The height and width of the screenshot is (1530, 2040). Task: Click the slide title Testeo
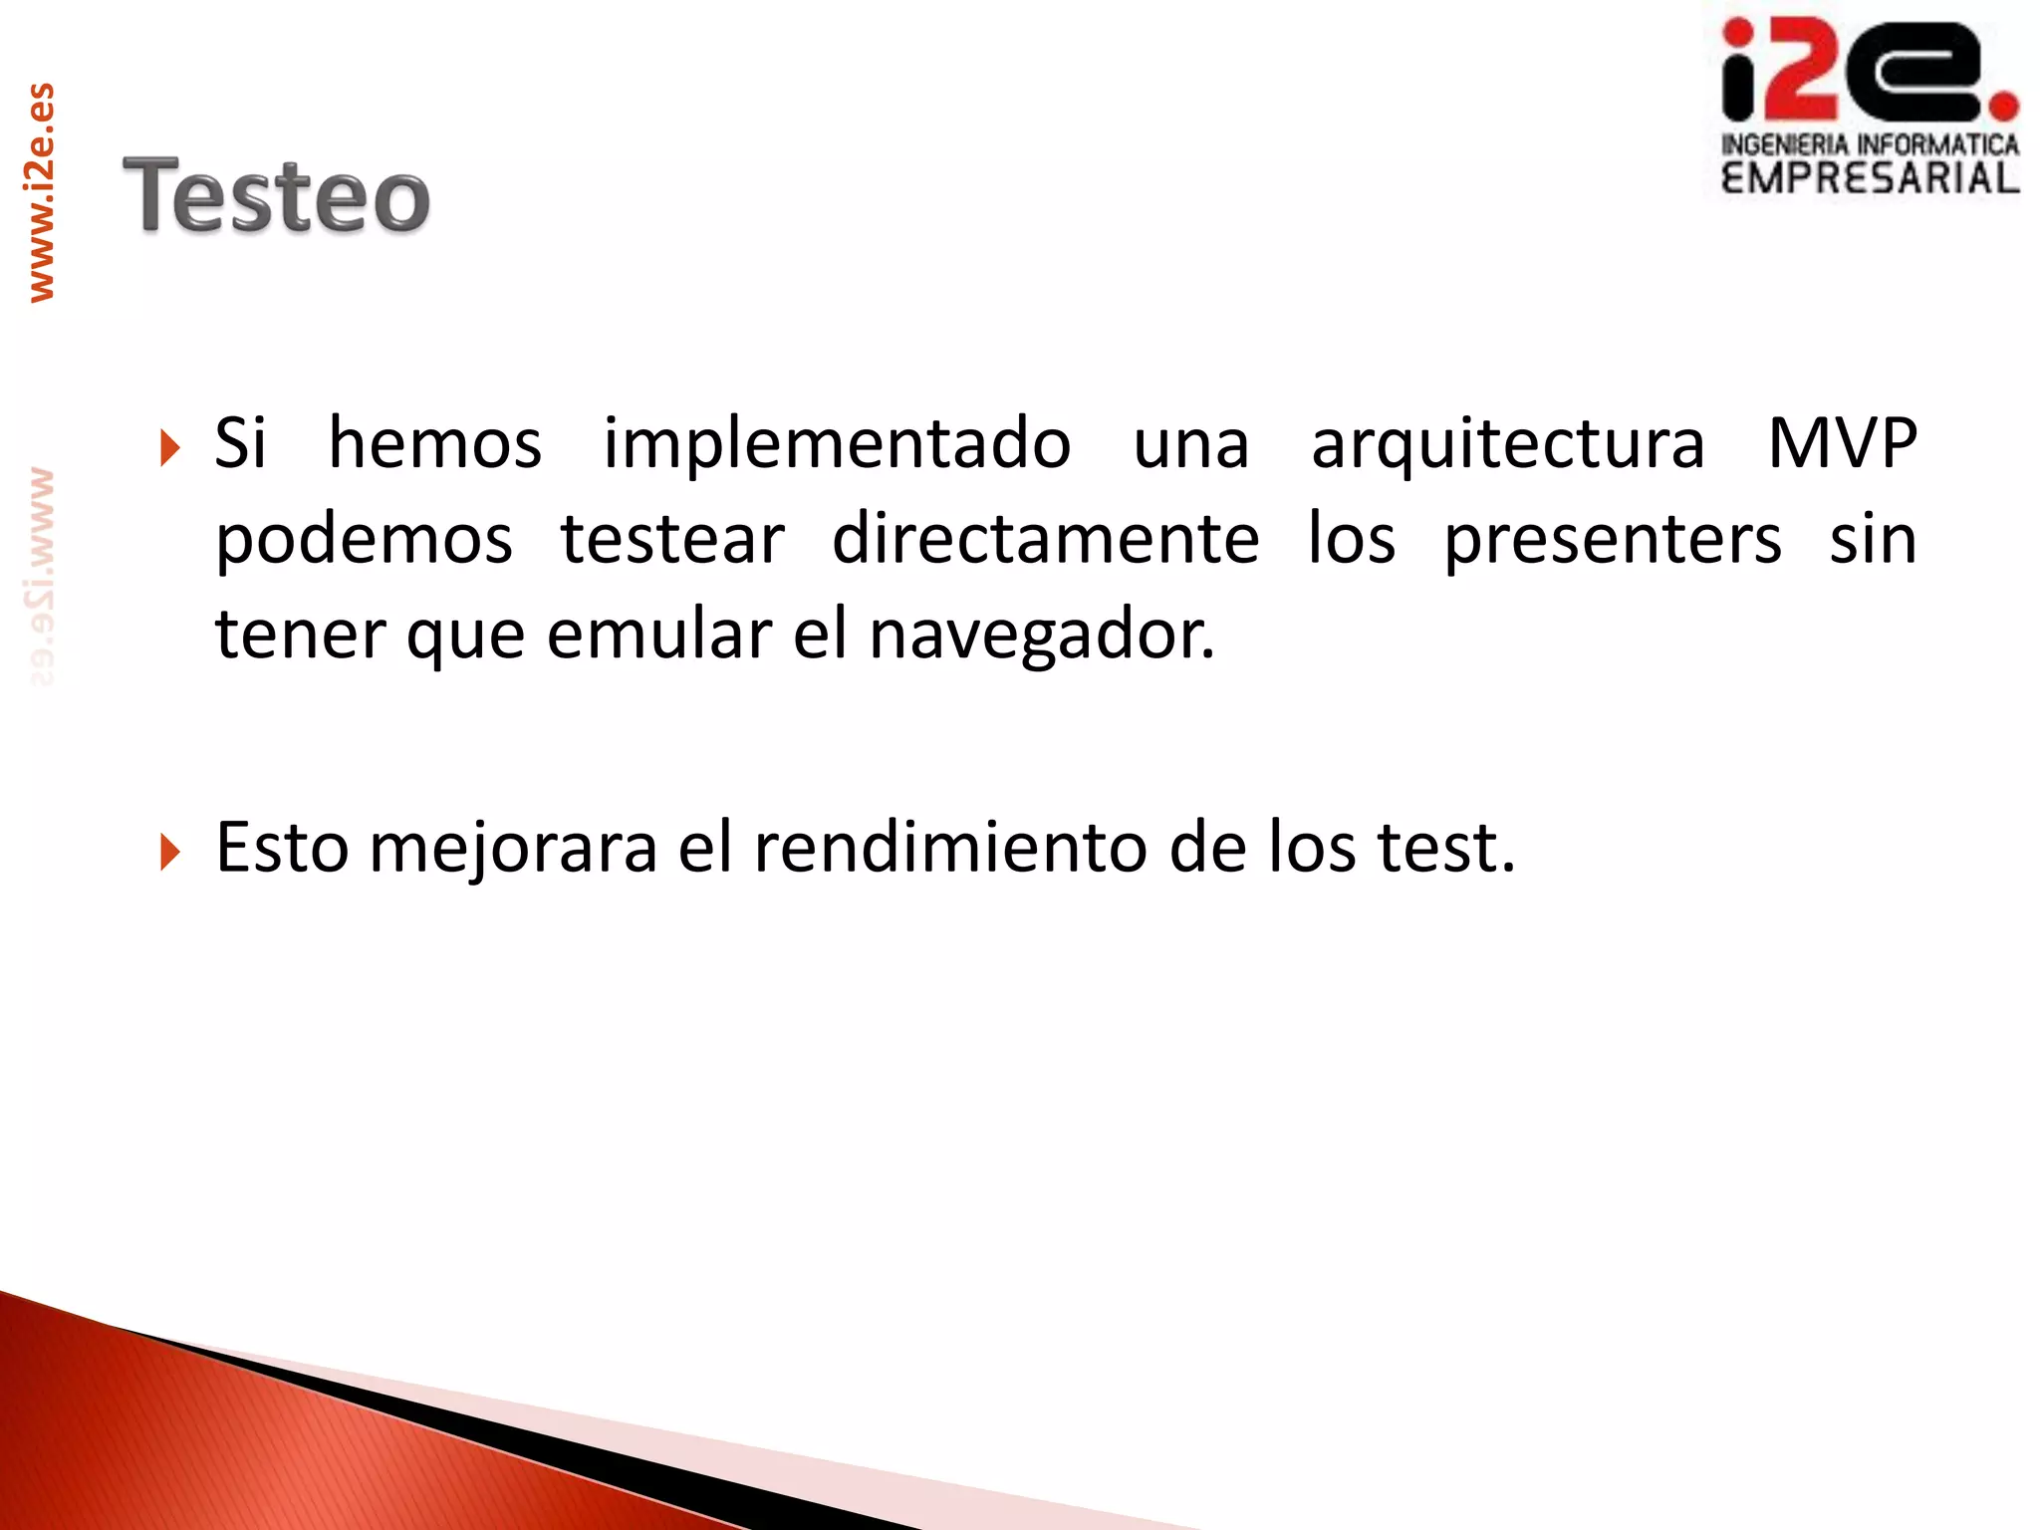coord(276,196)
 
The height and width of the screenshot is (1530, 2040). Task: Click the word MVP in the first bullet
coord(1842,443)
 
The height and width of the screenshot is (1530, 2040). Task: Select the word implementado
coord(837,443)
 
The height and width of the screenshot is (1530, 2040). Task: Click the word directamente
coord(1045,539)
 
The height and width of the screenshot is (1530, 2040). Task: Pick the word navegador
coord(1041,635)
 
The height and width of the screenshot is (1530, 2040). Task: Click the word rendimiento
coord(950,848)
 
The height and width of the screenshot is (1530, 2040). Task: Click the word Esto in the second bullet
coord(282,848)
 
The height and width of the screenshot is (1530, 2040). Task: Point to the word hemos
coord(435,443)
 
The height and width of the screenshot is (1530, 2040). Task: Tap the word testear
coord(672,539)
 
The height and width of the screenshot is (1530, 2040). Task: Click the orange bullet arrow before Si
coord(170,448)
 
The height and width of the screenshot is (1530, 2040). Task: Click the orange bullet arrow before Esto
coord(170,852)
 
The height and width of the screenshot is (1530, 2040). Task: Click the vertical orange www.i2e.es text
coord(41,193)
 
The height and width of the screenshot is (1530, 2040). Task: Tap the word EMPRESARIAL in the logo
coord(1870,179)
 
